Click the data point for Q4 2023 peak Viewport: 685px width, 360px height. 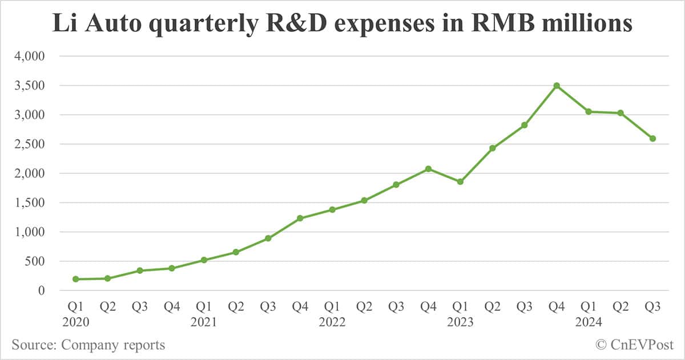(x=557, y=86)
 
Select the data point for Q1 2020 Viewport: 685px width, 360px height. (x=76, y=279)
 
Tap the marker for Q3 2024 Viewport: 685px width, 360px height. (x=652, y=139)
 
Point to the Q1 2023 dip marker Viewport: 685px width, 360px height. (x=460, y=181)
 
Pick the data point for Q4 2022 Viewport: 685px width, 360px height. (x=428, y=169)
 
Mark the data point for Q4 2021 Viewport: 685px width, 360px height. (x=300, y=218)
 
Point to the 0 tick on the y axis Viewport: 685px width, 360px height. (x=48, y=290)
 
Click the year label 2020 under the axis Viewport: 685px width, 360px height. (x=76, y=322)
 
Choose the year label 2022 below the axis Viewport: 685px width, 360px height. (x=332, y=322)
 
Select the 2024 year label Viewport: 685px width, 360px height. (x=589, y=322)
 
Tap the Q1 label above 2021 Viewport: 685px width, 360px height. (x=204, y=307)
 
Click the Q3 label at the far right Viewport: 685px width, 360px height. (x=652, y=307)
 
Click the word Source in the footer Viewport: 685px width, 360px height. (x=33, y=345)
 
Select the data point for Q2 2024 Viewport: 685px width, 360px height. (x=620, y=113)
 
